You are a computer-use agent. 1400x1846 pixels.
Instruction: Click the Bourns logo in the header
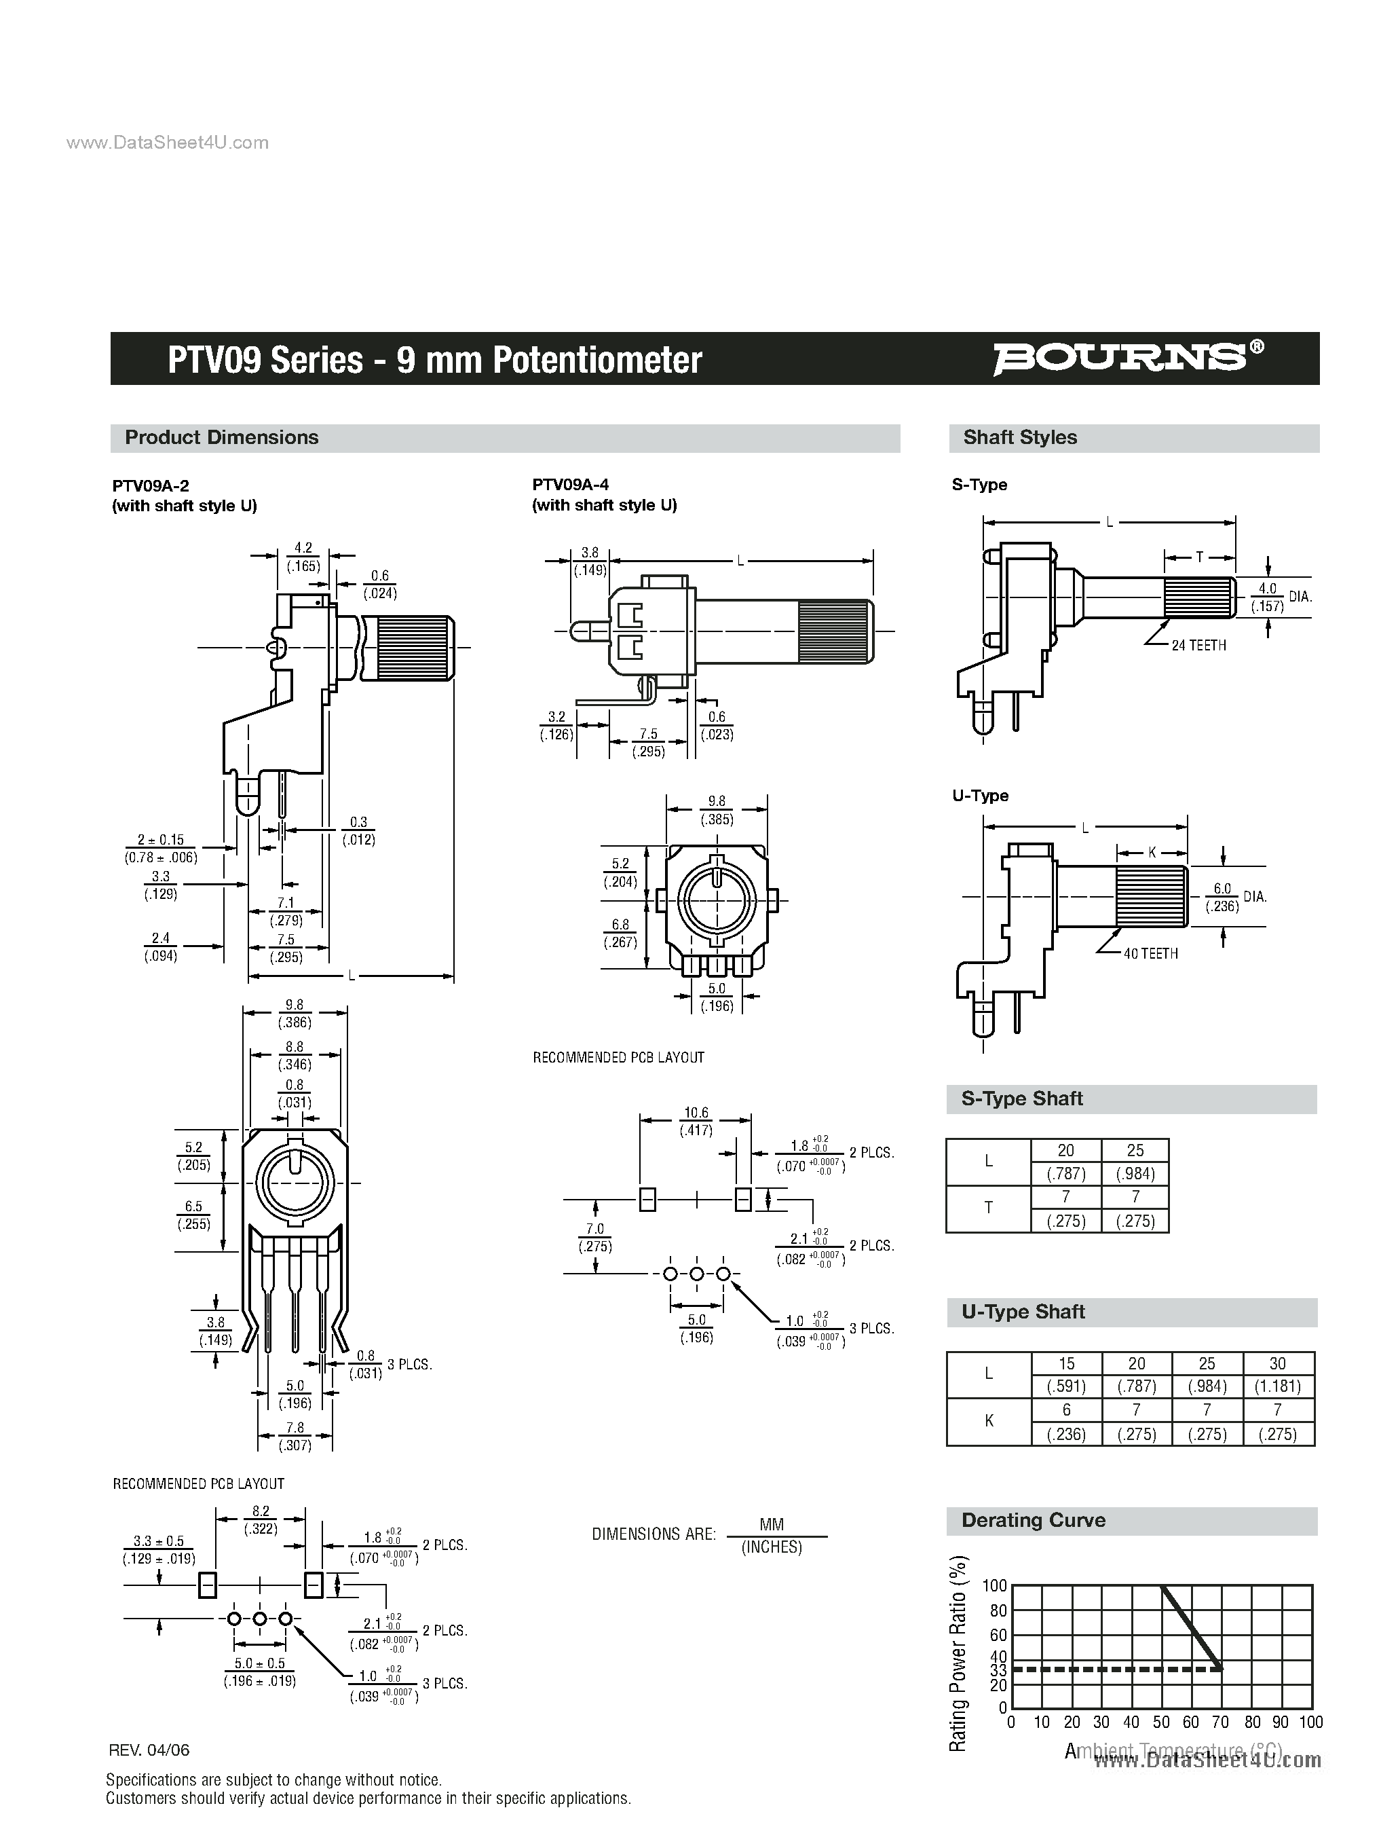pos(1127,358)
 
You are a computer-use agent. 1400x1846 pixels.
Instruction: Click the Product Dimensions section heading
pos(221,437)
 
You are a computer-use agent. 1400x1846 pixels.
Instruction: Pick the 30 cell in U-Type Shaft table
pos(1277,1363)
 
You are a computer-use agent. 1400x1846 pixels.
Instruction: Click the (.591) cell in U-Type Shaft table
pos(1065,1386)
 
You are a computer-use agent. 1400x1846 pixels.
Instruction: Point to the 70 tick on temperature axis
pos(1219,1722)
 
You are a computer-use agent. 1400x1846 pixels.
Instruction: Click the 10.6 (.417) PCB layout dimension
pos(695,1122)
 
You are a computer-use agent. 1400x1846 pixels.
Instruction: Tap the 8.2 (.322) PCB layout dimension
pos(261,1519)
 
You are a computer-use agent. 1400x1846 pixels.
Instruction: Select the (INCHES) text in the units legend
pos(772,1547)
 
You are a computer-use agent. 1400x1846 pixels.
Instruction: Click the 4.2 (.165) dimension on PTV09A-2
pos(303,557)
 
